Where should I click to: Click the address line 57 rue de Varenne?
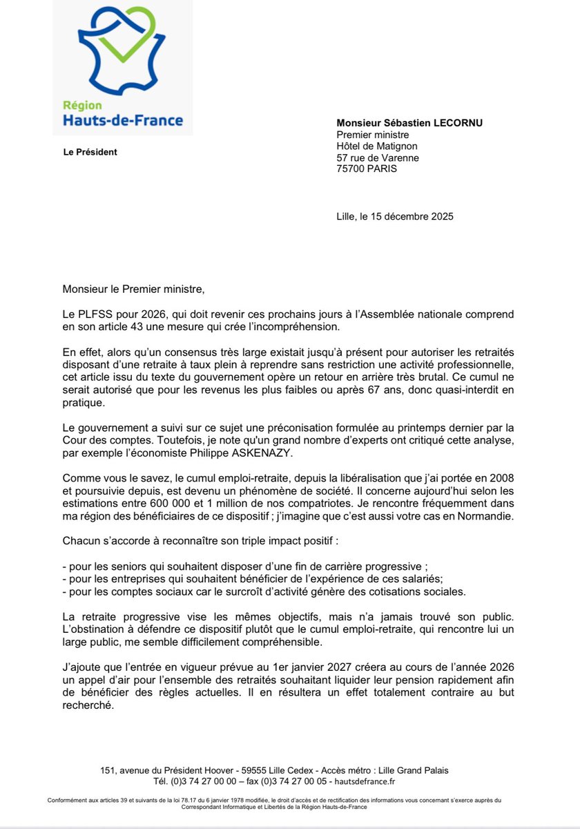(x=377, y=158)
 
